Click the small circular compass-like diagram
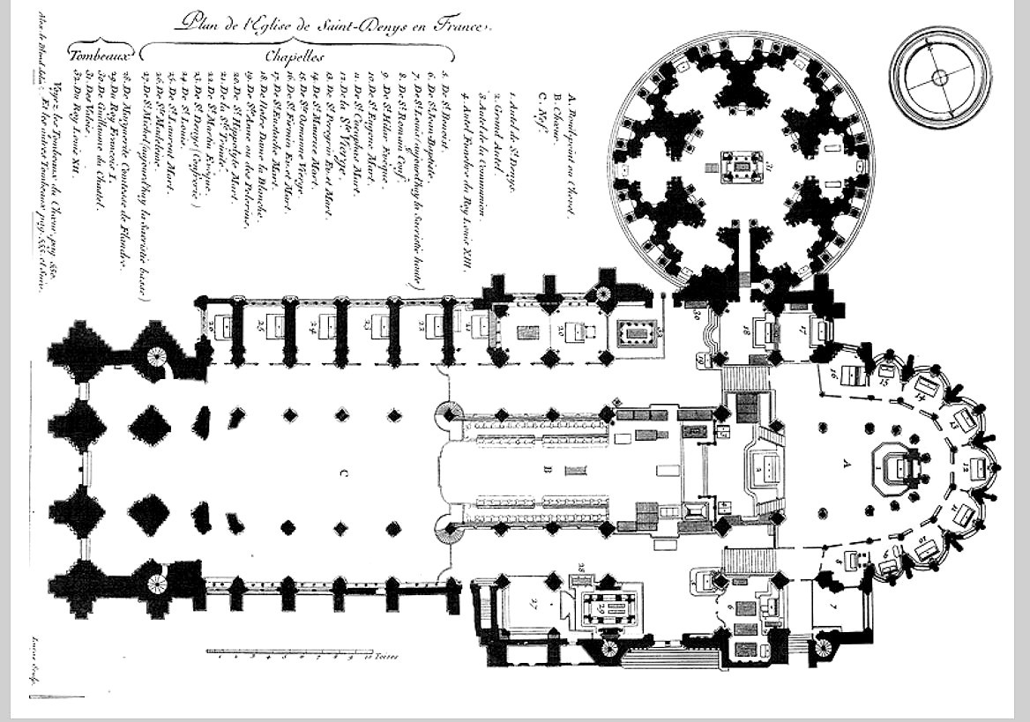pyautogui.click(x=940, y=78)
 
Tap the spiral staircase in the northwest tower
pyautogui.click(x=156, y=357)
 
